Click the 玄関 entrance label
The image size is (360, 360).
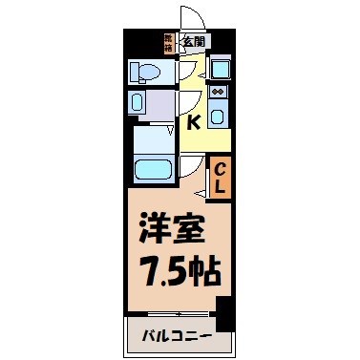(x=194, y=41)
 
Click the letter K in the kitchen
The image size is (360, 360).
(x=194, y=121)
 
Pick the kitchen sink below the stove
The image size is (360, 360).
(x=218, y=116)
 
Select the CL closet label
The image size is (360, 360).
(x=219, y=177)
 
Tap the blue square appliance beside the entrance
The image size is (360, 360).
(x=220, y=69)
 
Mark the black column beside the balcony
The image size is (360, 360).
(x=224, y=313)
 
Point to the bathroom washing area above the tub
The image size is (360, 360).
(x=151, y=138)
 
